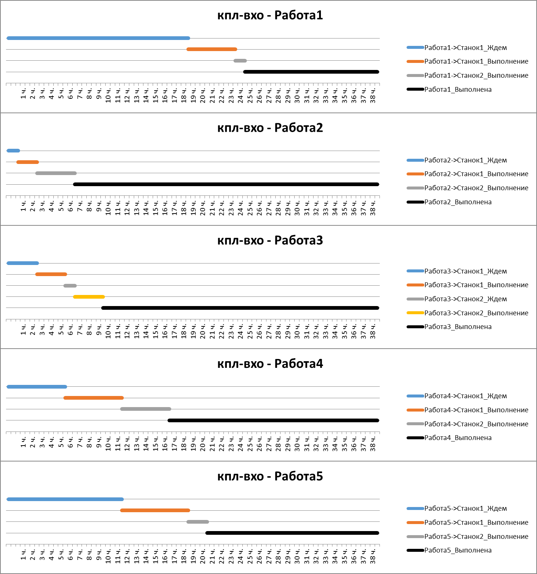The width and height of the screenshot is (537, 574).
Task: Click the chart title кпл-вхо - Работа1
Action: click(270, 15)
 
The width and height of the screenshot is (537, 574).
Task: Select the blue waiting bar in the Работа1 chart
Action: click(98, 38)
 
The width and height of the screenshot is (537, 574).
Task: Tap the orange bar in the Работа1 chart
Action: click(212, 49)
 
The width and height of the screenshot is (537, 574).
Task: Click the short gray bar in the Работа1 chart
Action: click(240, 61)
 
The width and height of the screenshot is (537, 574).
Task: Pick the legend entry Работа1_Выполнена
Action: click(458, 90)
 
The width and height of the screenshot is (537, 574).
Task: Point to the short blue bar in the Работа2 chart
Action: click(13, 151)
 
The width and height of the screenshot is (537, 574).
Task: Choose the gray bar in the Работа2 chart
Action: click(56, 173)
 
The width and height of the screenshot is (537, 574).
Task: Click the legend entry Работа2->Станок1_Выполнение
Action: click(476, 174)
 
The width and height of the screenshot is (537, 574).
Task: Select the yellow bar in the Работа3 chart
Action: click(89, 297)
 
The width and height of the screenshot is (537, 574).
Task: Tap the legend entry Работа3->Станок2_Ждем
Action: click(465, 299)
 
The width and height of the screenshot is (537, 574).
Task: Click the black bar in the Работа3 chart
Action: click(240, 308)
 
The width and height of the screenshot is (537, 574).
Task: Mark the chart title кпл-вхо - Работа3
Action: click(270, 241)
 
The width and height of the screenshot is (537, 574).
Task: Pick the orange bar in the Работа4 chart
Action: click(93, 398)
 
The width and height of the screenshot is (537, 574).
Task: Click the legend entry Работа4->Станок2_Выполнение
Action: click(476, 424)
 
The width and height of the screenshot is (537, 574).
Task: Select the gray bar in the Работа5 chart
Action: click(198, 522)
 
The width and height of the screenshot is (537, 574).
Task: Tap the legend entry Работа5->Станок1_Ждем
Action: click(465, 508)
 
